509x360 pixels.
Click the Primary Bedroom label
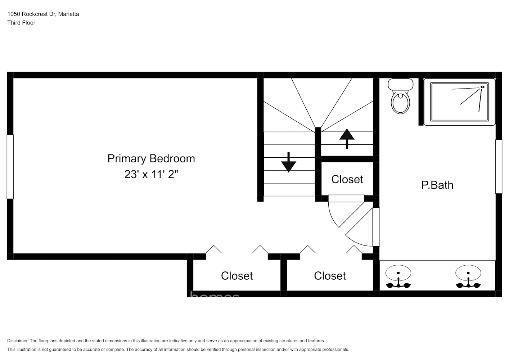click(151, 158)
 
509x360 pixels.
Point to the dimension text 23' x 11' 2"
click(151, 174)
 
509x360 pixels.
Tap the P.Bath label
click(437, 185)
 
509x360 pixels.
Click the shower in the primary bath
click(459, 102)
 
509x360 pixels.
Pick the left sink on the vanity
click(398, 273)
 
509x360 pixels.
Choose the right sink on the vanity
click(468, 273)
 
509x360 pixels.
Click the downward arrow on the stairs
click(288, 163)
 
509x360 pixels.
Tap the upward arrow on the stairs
click(347, 138)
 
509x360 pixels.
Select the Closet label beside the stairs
click(347, 179)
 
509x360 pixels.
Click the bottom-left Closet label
click(237, 276)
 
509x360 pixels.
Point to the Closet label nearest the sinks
click(330, 276)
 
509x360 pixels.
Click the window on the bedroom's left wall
click(10, 167)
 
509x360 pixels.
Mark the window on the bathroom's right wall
click(499, 167)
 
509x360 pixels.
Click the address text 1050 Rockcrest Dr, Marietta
click(43, 14)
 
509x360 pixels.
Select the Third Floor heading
click(21, 23)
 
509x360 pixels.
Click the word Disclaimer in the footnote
click(18, 341)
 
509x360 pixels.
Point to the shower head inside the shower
click(482, 87)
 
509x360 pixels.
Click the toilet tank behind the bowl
click(400, 85)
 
